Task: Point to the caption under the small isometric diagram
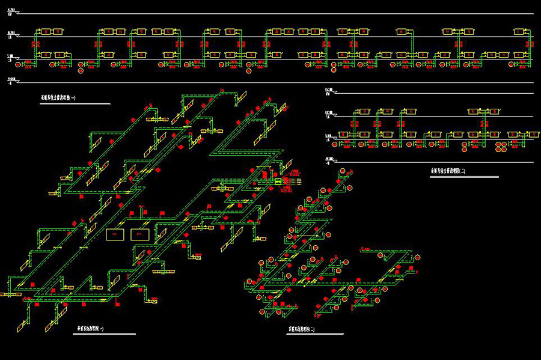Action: (303, 330)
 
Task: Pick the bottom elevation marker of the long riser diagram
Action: (12, 80)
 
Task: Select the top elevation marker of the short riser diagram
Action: (329, 91)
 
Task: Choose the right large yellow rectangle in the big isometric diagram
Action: (140, 234)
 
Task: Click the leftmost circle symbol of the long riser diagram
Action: (19, 64)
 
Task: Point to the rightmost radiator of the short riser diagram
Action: (528, 134)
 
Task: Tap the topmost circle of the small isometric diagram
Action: (344, 172)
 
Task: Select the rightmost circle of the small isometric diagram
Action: (415, 257)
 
